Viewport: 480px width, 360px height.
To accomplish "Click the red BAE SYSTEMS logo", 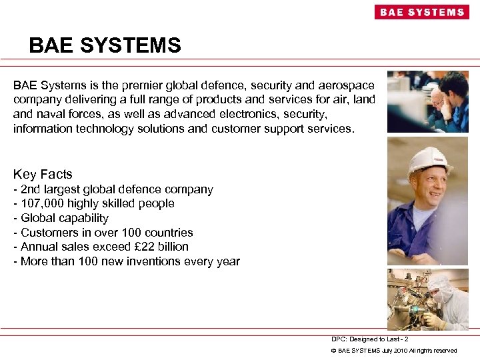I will click(421, 12).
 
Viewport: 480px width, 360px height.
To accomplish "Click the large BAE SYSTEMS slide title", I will click(105, 45).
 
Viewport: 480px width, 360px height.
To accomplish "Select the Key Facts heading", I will click(43, 174).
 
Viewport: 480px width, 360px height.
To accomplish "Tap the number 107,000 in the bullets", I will click(43, 203).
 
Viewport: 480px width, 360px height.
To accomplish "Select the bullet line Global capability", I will click(61, 218).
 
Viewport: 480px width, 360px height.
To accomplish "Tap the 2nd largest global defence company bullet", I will click(113, 189).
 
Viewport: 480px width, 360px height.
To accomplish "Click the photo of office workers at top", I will click(427, 101).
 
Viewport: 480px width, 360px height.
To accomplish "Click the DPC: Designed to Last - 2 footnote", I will click(369, 339).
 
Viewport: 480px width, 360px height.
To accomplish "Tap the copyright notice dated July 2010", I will click(394, 351).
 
